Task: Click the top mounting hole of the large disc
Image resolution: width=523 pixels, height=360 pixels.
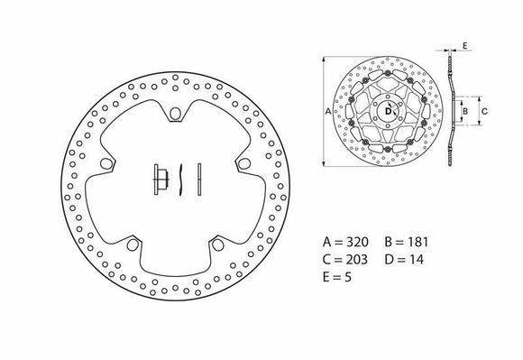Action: pos(172,113)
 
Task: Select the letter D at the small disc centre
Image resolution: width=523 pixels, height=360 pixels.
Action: pos(389,112)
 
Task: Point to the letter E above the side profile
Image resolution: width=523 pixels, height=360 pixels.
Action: pos(464,43)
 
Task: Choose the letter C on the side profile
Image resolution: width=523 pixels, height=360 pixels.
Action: pos(485,112)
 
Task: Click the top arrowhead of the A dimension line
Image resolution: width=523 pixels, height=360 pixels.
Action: pos(322,60)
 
